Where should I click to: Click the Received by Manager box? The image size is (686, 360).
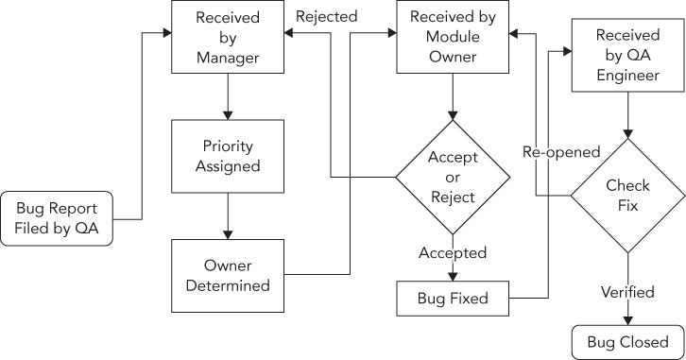pos(227,38)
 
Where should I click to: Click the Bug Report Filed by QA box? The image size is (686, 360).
pos(57,219)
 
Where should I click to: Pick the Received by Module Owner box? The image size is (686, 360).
pos(453,38)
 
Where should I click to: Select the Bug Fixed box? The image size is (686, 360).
pos(453,299)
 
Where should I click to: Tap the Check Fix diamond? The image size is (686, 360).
pos(627,196)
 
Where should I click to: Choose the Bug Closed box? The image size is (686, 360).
pos(627,341)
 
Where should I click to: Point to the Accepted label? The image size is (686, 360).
pos(453,253)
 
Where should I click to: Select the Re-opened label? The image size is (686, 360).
pos(561,151)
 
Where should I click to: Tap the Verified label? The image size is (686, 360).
pos(627,292)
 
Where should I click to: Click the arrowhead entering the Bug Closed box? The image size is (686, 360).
pos(627,320)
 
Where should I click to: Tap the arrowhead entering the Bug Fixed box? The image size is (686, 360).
pos(453,276)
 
